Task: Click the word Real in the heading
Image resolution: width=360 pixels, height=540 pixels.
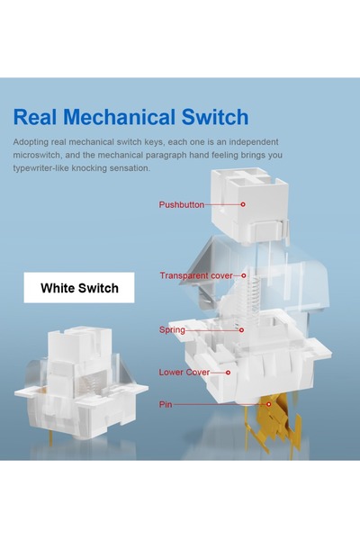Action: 34,117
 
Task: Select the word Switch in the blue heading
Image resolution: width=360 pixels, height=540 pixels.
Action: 215,117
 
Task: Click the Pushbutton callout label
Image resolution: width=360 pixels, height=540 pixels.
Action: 181,204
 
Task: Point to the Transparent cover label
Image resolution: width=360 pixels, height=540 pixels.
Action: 196,275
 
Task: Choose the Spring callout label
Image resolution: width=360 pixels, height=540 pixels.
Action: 172,330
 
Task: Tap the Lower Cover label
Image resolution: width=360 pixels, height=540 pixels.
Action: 184,373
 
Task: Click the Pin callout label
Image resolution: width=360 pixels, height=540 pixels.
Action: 166,404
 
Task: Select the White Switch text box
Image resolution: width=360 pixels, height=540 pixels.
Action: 79,288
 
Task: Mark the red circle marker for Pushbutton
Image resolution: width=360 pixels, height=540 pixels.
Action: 243,204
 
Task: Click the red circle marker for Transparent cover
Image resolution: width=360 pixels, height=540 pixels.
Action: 244,275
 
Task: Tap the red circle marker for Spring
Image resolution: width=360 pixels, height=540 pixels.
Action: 241,330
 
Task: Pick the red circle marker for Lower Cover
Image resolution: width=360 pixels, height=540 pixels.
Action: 228,373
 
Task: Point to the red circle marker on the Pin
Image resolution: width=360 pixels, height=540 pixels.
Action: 269,404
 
